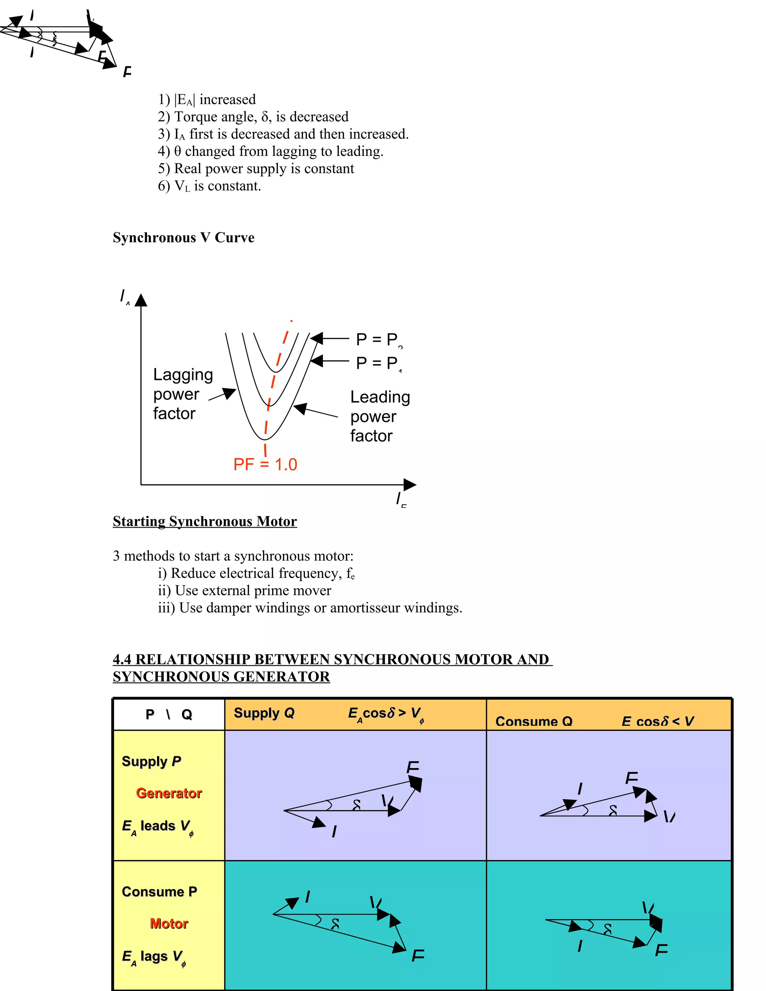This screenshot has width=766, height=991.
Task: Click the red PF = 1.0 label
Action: point(265,464)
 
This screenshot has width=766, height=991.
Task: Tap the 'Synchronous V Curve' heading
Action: point(183,237)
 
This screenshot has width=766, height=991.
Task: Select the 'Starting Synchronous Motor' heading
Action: point(205,521)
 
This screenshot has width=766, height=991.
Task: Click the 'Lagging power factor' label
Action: point(183,394)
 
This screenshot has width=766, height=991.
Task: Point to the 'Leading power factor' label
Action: point(380,416)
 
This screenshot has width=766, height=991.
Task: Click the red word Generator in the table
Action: point(169,793)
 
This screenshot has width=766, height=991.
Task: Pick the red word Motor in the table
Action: point(169,923)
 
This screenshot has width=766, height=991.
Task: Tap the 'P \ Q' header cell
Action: point(169,715)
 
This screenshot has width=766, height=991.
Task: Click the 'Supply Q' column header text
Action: point(264,713)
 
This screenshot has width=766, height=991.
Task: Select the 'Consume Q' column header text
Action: point(534,721)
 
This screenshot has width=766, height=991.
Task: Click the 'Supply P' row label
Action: point(151,761)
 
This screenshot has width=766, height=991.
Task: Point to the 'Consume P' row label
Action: point(159,892)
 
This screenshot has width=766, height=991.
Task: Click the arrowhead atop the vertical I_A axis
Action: point(141,300)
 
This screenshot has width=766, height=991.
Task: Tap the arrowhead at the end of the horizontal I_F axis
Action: point(410,484)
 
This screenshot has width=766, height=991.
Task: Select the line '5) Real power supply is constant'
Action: point(256,168)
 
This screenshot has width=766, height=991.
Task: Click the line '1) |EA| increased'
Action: point(207,99)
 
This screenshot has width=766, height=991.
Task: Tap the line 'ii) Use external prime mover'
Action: point(245,590)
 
